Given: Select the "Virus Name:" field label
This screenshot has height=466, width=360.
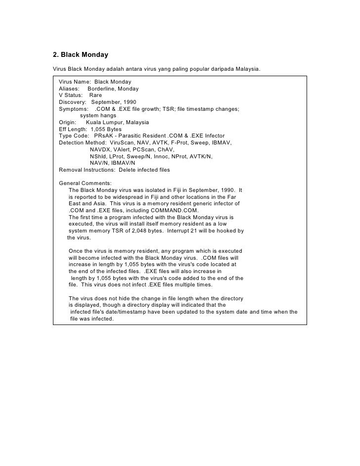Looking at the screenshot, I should pyautogui.click(x=74, y=81).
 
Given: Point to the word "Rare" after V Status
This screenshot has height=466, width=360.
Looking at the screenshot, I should pyautogui.click(x=95, y=95).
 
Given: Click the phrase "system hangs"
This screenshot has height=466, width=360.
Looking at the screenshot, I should pyautogui.click(x=98, y=115).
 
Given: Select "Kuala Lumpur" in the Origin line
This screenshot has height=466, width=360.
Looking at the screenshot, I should pyautogui.click(x=104, y=122).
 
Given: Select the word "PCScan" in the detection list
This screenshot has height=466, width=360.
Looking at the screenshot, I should pyautogui.click(x=141, y=149).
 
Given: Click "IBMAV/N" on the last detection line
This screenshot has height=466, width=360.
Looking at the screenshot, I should pyautogui.click(x=123, y=163).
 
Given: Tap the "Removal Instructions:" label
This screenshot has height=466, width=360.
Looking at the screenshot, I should pyautogui.click(x=87, y=170).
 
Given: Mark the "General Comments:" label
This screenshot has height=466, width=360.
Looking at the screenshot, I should pyautogui.click(x=85, y=183).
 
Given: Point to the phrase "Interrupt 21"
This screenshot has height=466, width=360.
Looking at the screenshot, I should pyautogui.click(x=182, y=231).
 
